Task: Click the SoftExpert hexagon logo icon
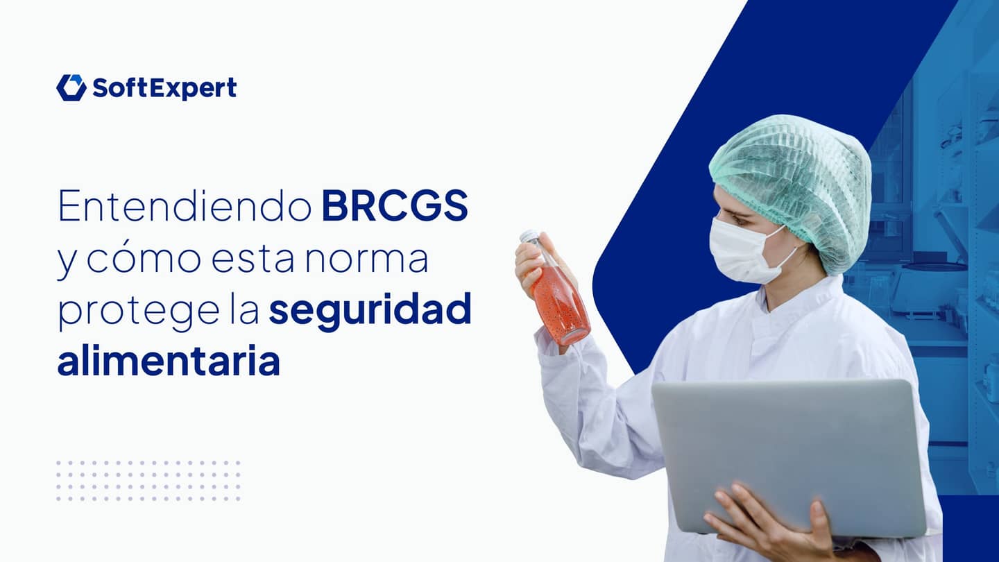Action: click(x=71, y=88)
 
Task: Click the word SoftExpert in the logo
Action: click(x=164, y=88)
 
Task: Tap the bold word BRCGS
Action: click(x=395, y=206)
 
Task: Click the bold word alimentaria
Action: click(x=169, y=362)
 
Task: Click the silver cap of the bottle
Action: click(x=529, y=237)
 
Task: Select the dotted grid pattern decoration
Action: click(x=148, y=480)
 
